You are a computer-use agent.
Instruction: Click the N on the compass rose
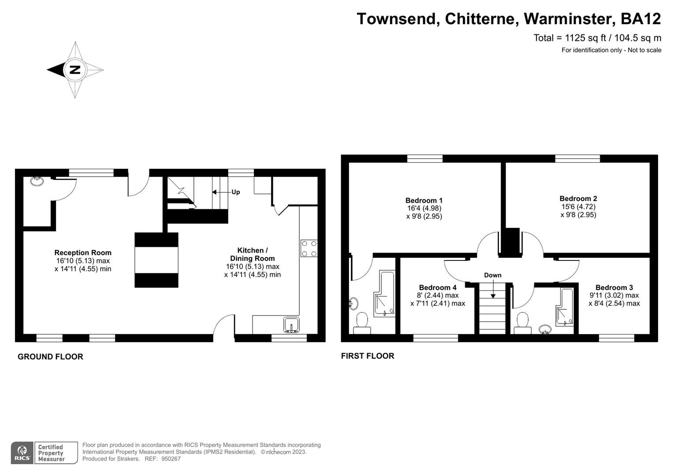tap(75, 70)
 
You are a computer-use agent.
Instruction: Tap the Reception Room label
tap(83, 253)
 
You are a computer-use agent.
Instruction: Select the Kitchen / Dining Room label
tap(252, 254)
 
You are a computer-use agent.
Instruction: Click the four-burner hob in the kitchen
tap(309, 248)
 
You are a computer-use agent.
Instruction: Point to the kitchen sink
tap(291, 324)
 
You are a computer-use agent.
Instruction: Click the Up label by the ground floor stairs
tap(236, 192)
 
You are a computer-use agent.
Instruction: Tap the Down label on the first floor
tap(492, 275)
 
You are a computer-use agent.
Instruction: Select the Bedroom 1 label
tap(424, 200)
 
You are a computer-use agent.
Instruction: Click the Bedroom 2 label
tap(578, 199)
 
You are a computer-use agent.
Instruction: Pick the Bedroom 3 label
tap(614, 287)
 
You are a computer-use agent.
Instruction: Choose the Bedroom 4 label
tap(438, 287)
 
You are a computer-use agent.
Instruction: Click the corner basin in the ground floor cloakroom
tap(37, 181)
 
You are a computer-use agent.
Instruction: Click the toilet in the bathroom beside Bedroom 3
tap(523, 320)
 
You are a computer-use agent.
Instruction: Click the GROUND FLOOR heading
tap(50, 357)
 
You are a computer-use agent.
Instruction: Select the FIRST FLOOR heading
tap(368, 356)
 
